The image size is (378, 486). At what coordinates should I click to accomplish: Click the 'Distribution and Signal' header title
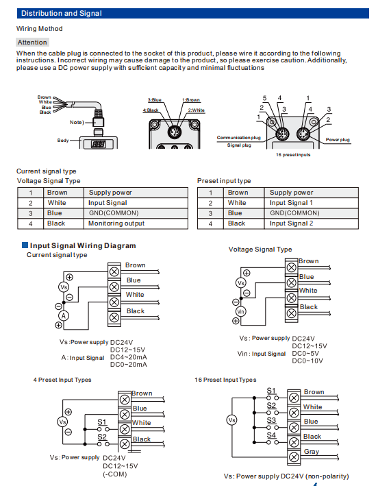[62, 13]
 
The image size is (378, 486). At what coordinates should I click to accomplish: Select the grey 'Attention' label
[32, 42]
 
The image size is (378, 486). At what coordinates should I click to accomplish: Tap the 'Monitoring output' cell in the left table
[116, 223]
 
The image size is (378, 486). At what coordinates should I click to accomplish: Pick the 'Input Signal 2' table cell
[291, 223]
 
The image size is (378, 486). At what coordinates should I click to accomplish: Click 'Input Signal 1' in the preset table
[291, 203]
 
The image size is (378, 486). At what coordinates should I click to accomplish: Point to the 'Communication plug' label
[239, 138]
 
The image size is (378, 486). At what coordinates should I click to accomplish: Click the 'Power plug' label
[338, 140]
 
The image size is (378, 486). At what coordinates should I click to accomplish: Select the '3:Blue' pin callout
[155, 100]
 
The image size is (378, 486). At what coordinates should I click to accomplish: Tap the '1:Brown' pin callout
[191, 100]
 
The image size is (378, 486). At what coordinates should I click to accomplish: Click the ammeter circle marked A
[64, 315]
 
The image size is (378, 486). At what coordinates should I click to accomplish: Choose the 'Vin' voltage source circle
[240, 311]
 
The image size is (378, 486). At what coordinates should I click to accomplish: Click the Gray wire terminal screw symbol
[294, 457]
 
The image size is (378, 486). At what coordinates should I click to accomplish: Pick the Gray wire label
[312, 452]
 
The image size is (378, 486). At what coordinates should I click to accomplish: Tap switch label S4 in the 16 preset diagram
[271, 435]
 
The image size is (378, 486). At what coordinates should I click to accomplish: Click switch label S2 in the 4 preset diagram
[102, 437]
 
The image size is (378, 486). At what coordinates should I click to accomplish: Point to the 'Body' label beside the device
[63, 141]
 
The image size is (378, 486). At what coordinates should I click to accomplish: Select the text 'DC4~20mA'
[129, 357]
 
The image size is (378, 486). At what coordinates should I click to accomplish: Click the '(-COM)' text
[115, 474]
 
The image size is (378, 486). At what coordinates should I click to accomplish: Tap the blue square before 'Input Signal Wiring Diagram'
[25, 245]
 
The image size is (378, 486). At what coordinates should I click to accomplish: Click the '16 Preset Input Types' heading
[225, 380]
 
